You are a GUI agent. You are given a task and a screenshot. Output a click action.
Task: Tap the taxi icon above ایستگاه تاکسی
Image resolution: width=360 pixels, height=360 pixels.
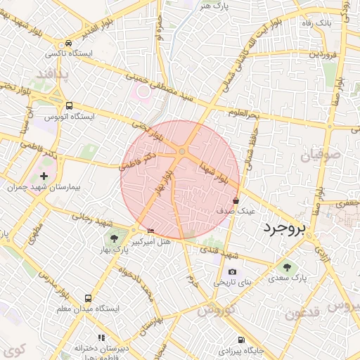pyautogui.click(x=67, y=43)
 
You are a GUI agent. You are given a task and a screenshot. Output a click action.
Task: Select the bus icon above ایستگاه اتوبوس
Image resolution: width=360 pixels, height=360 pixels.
pyautogui.click(x=68, y=105)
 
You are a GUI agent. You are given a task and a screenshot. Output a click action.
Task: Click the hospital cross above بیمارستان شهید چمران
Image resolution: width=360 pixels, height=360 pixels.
pyautogui.click(x=44, y=176)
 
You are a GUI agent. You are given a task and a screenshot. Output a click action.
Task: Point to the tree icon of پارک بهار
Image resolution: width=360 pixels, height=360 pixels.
pyautogui.click(x=115, y=238)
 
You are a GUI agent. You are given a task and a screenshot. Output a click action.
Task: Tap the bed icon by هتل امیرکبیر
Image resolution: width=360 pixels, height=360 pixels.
pyautogui.click(x=150, y=231)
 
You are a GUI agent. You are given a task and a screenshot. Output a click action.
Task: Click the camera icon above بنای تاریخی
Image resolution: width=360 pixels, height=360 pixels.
pyautogui.click(x=232, y=272)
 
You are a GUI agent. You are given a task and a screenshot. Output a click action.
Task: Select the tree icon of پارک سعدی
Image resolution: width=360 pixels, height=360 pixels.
pyautogui.click(x=286, y=266)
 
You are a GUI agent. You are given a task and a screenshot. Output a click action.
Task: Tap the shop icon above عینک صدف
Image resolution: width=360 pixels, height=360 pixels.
pyautogui.click(x=235, y=200)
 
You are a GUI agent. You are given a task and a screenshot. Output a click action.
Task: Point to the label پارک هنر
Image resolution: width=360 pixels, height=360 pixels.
pyautogui.click(x=214, y=6)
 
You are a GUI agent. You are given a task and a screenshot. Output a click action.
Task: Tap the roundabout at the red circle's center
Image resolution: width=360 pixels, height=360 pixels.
pyautogui.click(x=182, y=151)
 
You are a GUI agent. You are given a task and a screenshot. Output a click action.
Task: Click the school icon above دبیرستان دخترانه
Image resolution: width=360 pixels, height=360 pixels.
pyautogui.click(x=101, y=337)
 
